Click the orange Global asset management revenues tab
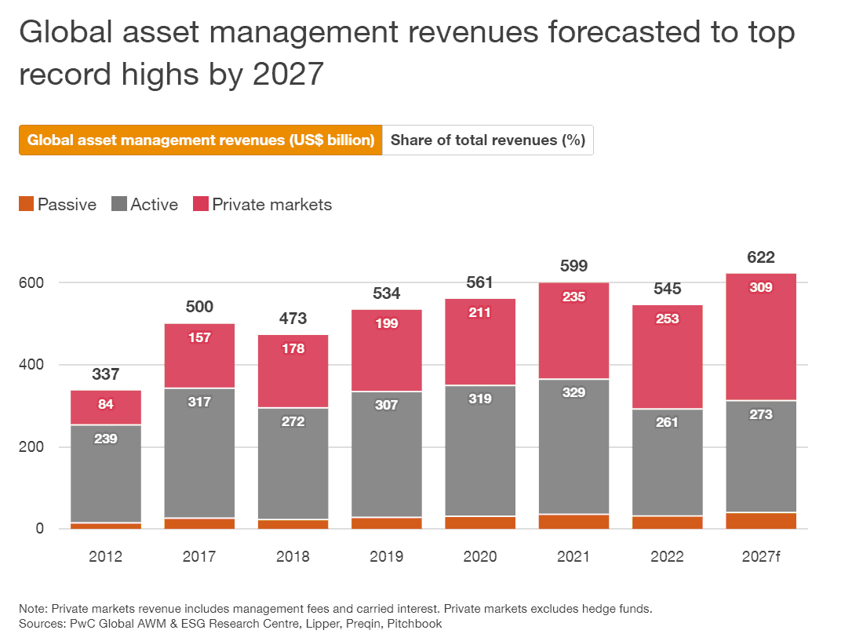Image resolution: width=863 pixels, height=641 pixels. click(201, 140)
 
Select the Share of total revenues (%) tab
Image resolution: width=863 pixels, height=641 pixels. click(487, 140)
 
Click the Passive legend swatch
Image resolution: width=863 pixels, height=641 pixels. click(27, 205)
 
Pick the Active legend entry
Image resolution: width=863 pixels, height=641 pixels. click(146, 205)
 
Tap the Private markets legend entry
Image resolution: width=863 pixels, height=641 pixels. click(262, 205)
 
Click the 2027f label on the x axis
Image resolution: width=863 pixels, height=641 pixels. click(761, 557)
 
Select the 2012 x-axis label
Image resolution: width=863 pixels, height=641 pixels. click(105, 557)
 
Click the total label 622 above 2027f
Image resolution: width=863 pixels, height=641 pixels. click(761, 257)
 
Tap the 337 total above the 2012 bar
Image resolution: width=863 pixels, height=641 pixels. click(105, 374)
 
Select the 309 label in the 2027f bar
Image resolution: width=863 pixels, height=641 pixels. click(761, 288)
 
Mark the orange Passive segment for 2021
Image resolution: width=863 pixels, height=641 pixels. click(574, 521)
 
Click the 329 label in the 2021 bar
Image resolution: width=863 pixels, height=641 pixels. click(574, 392)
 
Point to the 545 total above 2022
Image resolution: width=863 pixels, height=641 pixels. click(668, 289)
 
